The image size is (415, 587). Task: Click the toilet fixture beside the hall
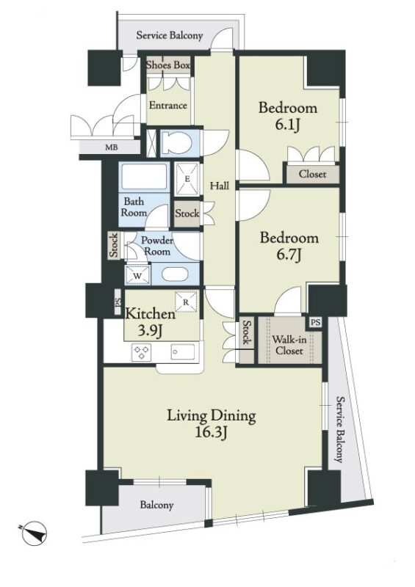[178, 142]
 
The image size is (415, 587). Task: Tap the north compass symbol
[34, 534]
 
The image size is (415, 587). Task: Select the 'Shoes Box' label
[168, 65]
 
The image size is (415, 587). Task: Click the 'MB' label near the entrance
[111, 147]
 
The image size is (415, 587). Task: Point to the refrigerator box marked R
[186, 302]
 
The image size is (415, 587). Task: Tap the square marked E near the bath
[187, 178]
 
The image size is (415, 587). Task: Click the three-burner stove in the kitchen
[141, 352]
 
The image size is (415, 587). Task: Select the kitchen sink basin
[183, 351]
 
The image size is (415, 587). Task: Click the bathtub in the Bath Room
[144, 176]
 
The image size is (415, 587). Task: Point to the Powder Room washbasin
[177, 274]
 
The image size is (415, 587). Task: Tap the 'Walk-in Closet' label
[289, 345]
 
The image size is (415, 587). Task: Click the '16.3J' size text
[211, 433]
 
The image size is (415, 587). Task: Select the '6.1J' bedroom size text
[287, 124]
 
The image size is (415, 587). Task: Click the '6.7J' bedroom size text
[289, 255]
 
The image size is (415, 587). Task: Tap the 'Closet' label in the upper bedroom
[313, 174]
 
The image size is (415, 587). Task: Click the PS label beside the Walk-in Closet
[315, 322]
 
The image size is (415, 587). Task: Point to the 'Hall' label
[220, 186]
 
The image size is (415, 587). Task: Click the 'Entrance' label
[168, 105]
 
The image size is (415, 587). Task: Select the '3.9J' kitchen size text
[150, 331]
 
